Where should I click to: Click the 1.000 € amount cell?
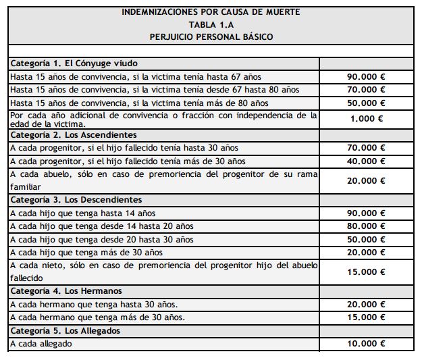coord(367,118)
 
